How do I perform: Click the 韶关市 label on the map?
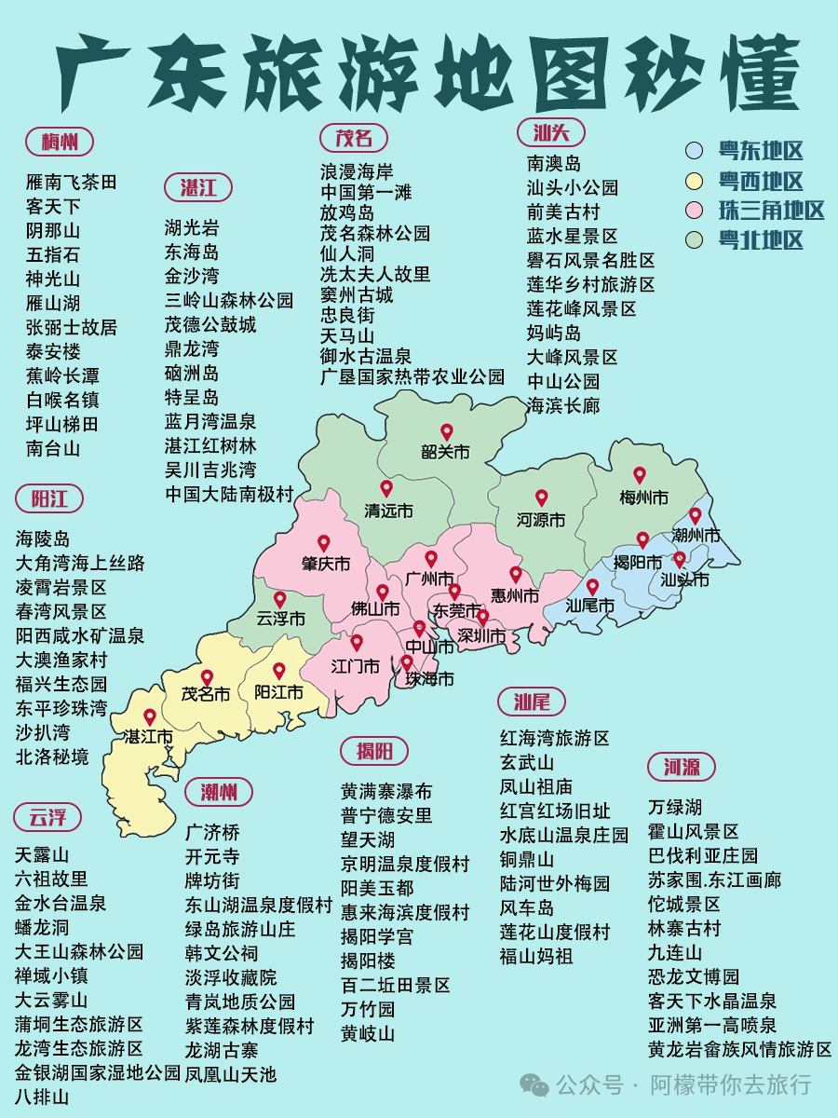tap(445, 453)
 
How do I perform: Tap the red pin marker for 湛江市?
tap(149, 717)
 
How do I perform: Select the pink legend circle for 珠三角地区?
tap(694, 211)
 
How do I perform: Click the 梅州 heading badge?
tap(60, 142)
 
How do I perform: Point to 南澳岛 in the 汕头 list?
tap(554, 163)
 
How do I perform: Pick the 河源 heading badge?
tap(682, 768)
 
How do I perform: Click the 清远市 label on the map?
tap(388, 511)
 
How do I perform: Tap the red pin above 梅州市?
tap(640, 475)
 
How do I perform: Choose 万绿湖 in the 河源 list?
tap(675, 807)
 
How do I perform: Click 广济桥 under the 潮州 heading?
tap(212, 832)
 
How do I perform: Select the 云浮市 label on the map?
tap(280, 619)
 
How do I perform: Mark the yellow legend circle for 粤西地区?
tap(694, 181)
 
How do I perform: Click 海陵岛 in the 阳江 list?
tap(43, 539)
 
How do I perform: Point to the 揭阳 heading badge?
tap(374, 751)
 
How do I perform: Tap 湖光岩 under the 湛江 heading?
tap(192, 227)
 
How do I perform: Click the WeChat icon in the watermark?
tap(534, 1084)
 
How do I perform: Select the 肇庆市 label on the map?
tap(325, 565)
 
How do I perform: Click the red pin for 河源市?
tap(541, 498)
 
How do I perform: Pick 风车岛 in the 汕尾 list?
tap(527, 907)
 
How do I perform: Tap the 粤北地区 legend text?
tap(760, 240)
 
